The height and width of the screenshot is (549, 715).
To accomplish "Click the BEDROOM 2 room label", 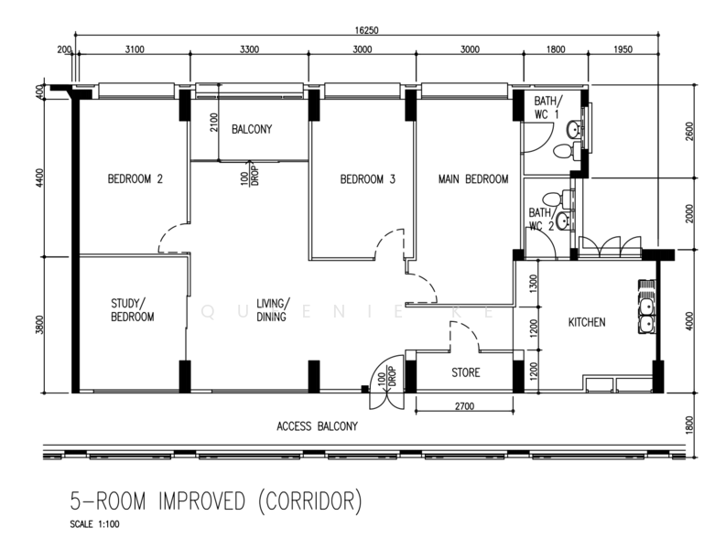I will [135, 179].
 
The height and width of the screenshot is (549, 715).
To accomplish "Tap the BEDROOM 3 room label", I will [367, 179].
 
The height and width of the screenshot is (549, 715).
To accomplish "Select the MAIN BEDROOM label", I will [472, 179].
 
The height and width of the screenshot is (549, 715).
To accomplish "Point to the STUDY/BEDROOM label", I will [133, 309].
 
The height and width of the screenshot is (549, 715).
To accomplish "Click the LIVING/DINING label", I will [272, 310].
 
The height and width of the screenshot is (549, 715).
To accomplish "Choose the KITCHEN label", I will [587, 322].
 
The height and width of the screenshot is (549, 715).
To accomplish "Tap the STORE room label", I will [465, 373].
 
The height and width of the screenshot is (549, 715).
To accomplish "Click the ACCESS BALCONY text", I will [317, 426].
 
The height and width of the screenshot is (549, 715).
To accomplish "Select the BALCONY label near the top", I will [251, 130].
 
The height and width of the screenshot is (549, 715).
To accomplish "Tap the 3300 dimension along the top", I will [249, 50].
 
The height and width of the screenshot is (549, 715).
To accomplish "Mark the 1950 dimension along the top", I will [622, 50].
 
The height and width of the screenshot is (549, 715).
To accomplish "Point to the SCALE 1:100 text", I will [94, 525].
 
